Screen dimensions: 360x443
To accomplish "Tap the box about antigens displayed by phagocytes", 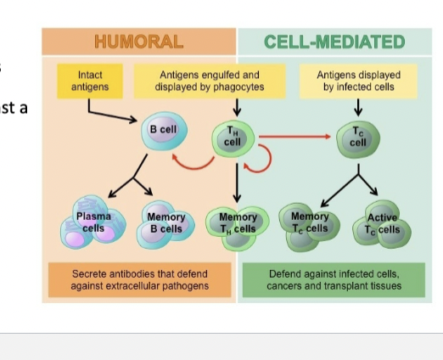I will pyautogui.click(x=207, y=82).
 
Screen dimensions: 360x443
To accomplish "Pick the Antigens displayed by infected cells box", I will pyautogui.click(x=357, y=82).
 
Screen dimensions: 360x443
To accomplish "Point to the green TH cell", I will pyautogui.click(x=232, y=139).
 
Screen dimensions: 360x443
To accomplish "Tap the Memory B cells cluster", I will pyautogui.click(x=165, y=226).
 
